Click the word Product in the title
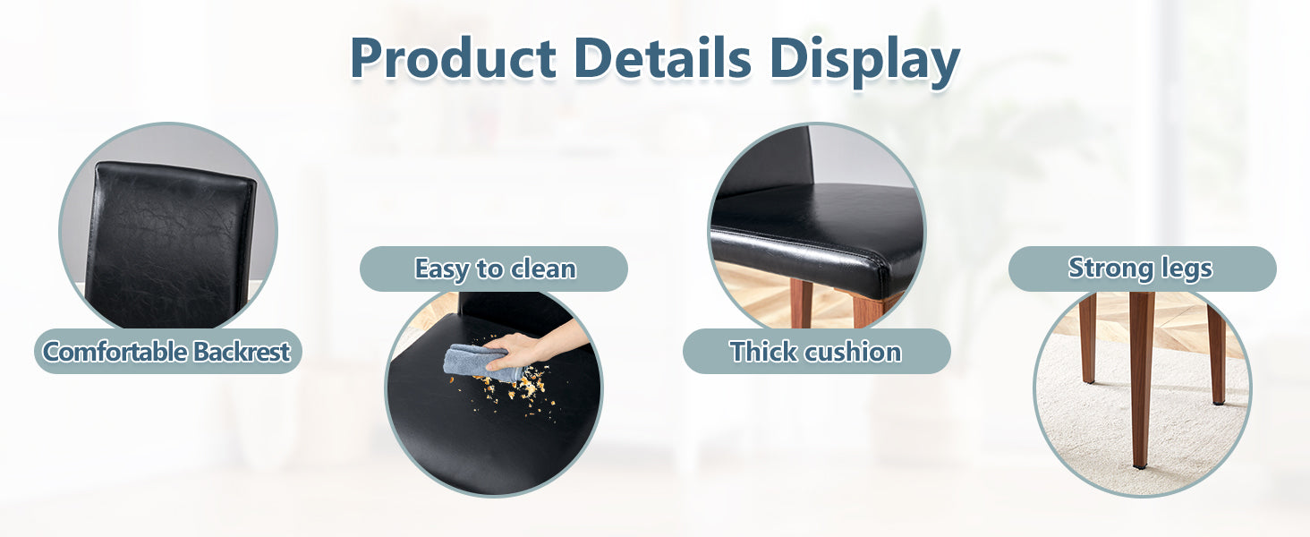(x=454, y=58)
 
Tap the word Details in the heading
(x=662, y=58)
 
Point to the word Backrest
(x=242, y=352)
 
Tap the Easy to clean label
(x=496, y=269)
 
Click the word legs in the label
(x=1187, y=268)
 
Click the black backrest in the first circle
(x=170, y=243)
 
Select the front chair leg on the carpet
(x=1141, y=380)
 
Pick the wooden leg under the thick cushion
(x=800, y=303)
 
